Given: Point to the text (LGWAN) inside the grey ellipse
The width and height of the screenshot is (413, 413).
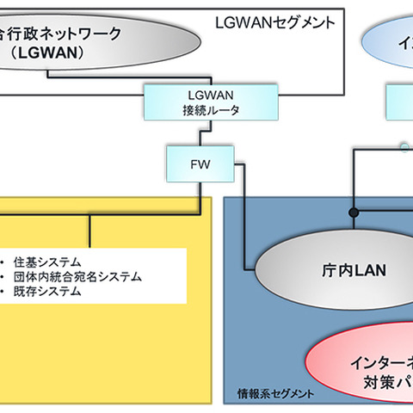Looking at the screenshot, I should (65, 52).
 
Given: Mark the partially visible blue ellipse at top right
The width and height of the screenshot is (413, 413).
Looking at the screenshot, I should (387, 39).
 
